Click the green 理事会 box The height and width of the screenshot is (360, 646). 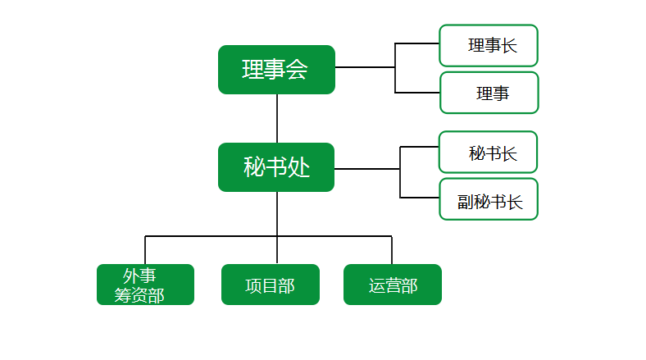pos(276,70)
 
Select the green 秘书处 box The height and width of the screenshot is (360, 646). pos(276,167)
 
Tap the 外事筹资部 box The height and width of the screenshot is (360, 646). pos(145,285)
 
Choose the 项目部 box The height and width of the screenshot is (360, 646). pos(271,285)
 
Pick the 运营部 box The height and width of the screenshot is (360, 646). pos(393,285)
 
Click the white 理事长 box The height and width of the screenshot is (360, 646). pos(489,45)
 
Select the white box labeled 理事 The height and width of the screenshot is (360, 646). pos(489,93)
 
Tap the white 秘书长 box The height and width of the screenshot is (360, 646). pos(489,152)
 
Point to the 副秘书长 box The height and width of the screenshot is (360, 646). pos(489,199)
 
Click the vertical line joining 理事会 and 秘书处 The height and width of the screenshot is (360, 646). pos(277,119)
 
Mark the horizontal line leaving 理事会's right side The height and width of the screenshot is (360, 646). pos(365,67)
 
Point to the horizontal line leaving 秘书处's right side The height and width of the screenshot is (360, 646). pos(367,169)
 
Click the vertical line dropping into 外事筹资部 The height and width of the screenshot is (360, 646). pos(145,250)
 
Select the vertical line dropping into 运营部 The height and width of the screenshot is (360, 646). pos(392,250)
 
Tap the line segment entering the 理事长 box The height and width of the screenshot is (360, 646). pos(417,43)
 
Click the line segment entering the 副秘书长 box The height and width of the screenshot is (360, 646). pos(420,198)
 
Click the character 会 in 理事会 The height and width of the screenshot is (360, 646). pos(297,69)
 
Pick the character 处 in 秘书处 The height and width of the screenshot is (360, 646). pos(298,167)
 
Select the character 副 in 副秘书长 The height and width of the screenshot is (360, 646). pos(466,203)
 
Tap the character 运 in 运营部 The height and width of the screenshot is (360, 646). pos(376,286)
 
